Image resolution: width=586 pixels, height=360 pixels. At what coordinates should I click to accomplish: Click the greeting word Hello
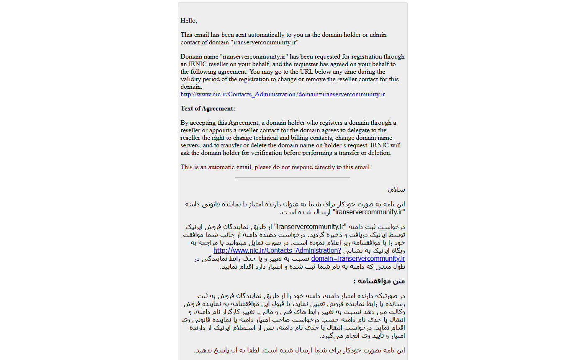coord(188,21)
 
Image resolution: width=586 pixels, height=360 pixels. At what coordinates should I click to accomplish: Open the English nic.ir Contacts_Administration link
coord(283,94)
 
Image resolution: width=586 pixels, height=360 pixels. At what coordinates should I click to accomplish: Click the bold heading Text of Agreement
coord(208,108)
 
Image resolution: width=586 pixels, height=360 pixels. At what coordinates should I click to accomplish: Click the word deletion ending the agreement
coord(379,153)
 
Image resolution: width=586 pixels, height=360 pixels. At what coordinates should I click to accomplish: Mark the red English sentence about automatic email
coord(276,167)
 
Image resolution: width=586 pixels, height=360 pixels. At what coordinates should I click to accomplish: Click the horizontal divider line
coord(292,177)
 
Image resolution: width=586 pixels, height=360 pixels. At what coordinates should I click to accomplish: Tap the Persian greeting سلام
coord(397,190)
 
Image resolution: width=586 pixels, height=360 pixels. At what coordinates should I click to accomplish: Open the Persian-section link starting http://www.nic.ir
coord(277,250)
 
